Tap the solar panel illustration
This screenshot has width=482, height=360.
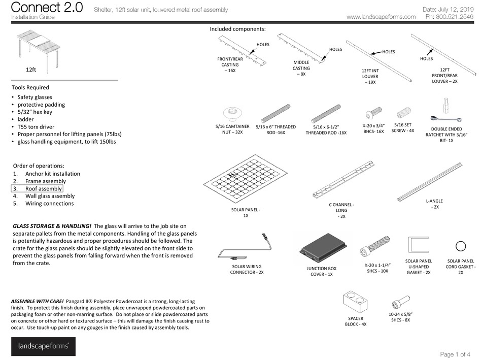coord(244,180)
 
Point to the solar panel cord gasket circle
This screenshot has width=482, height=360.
coord(461,247)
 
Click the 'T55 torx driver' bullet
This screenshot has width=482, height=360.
coord(40,126)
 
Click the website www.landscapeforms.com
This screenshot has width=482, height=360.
coord(381,17)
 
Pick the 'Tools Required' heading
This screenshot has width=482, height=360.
coord(30,87)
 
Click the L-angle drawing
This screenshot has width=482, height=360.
coord(430,180)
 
